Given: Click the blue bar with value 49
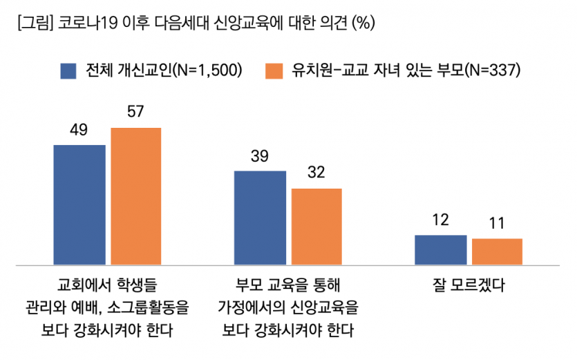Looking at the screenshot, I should tap(79, 205).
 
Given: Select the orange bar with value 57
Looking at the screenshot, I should tap(135, 196).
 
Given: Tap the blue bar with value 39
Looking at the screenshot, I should tap(260, 218).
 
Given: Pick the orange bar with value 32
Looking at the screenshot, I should tap(316, 226).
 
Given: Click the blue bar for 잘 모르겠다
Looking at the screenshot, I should tap(440, 249).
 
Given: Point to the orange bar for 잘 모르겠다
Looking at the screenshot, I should tap(497, 252).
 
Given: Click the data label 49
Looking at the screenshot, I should tap(78, 131).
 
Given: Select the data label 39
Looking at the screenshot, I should tap(259, 156).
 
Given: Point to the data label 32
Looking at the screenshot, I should tap(316, 173).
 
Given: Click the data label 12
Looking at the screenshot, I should tap(440, 220).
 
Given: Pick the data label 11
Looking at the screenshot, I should tap(497, 224).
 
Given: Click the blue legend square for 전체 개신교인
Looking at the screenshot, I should tap(68, 70).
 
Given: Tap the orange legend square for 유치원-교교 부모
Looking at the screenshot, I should tap(274, 70).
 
